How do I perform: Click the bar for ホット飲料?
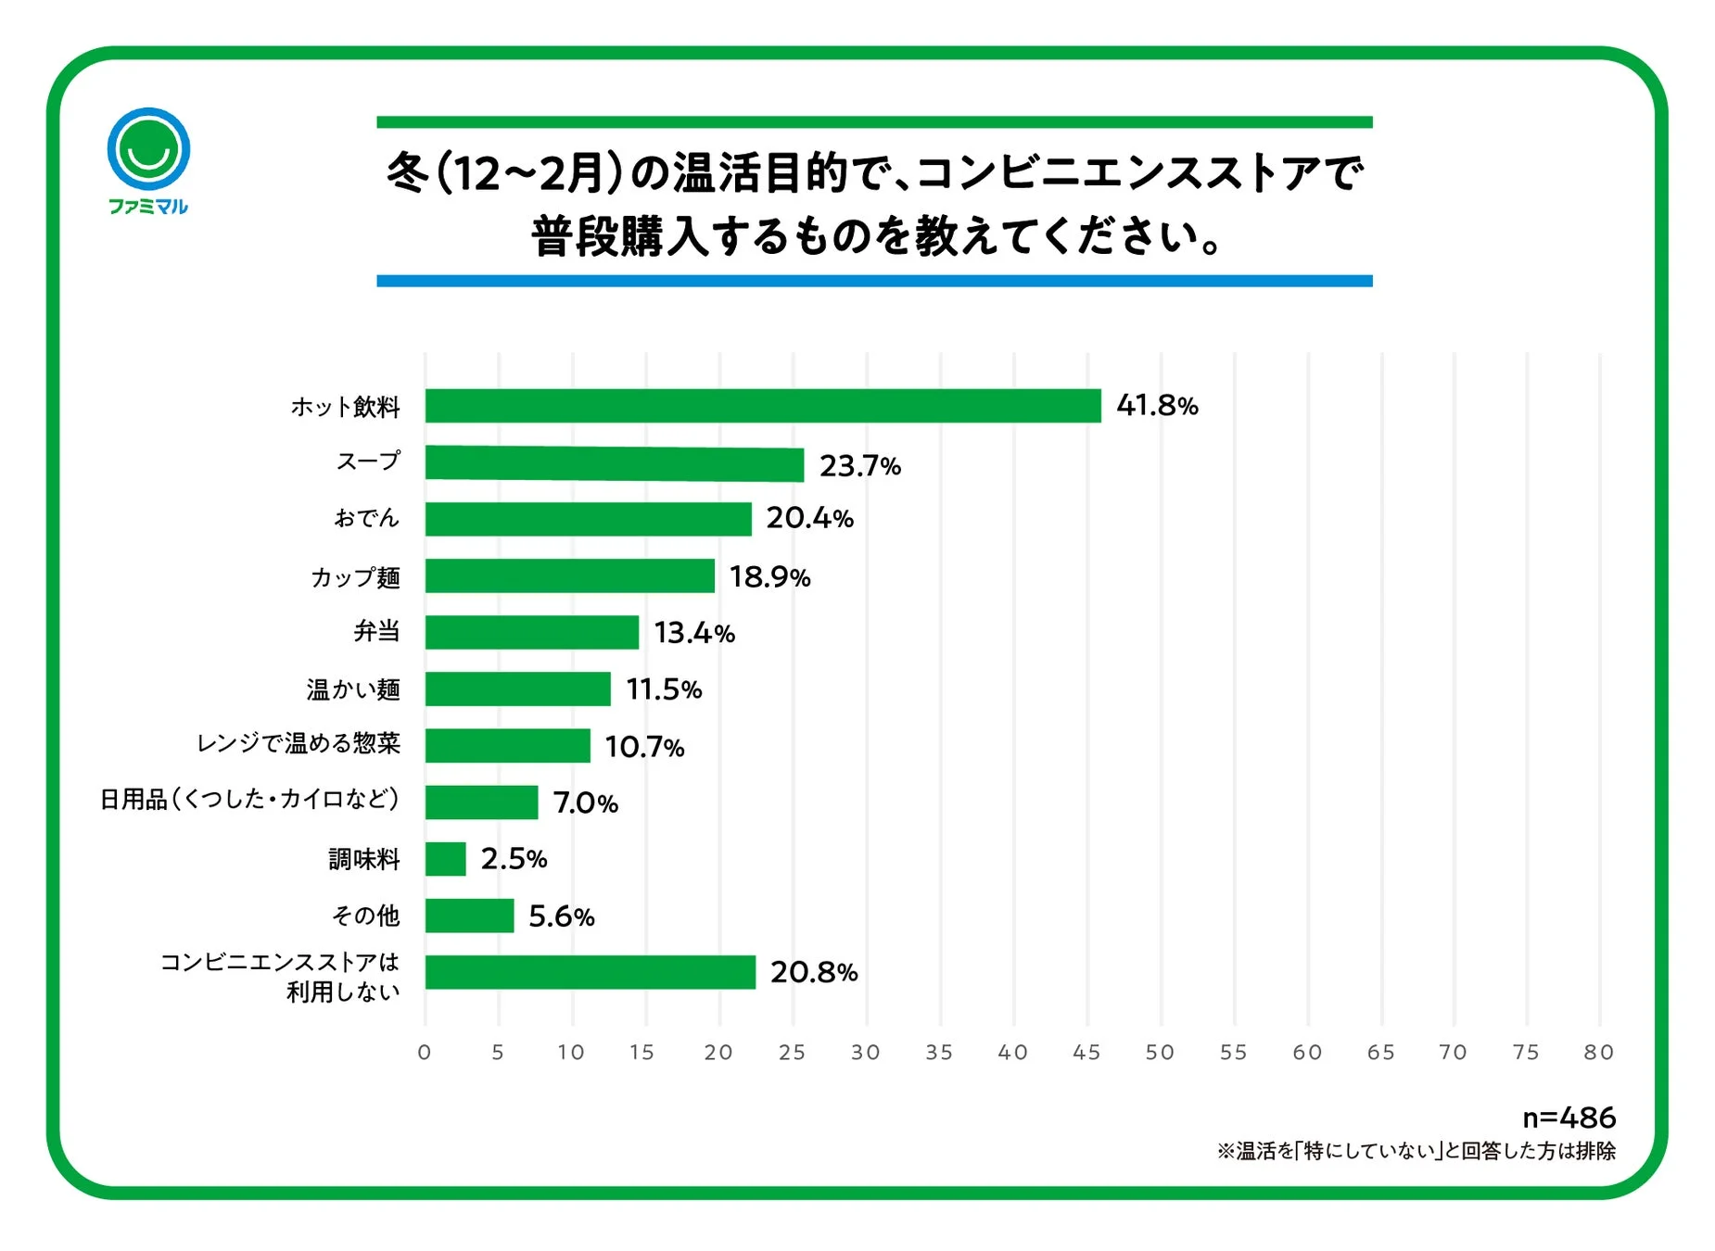click(x=762, y=406)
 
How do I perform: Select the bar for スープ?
click(x=614, y=463)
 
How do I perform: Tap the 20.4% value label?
click(x=809, y=518)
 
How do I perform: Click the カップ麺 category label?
click(x=355, y=577)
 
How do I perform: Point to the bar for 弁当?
click(x=531, y=632)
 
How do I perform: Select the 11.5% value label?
click(x=664, y=689)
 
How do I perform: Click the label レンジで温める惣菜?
click(x=298, y=743)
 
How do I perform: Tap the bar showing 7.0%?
click(x=481, y=802)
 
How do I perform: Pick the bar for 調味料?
click(x=445, y=859)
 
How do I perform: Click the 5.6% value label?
click(x=561, y=916)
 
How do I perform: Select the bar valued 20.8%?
click(x=590, y=972)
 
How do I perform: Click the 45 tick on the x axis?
click(x=1086, y=1053)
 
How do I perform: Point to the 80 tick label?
click(x=1598, y=1053)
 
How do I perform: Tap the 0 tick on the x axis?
click(x=425, y=1053)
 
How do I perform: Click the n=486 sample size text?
click(x=1569, y=1118)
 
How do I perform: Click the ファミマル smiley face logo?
click(x=148, y=150)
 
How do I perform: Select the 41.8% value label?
click(x=1157, y=406)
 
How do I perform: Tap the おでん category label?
click(x=366, y=518)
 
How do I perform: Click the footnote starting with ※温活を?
click(x=1416, y=1151)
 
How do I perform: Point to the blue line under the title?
click(x=873, y=281)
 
